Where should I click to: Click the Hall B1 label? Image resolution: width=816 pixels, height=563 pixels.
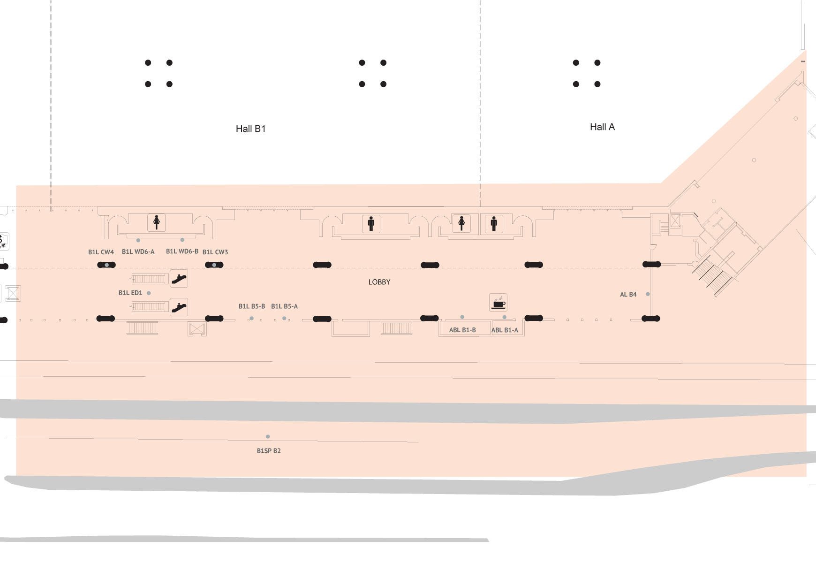tap(250, 129)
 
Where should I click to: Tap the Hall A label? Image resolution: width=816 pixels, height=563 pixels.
tap(602, 127)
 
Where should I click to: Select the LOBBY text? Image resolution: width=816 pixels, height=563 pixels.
tap(379, 282)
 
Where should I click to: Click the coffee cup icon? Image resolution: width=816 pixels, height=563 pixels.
tap(498, 302)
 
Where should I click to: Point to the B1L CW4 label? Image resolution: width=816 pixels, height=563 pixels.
tap(101, 252)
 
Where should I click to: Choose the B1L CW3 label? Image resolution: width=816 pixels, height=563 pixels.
tap(215, 252)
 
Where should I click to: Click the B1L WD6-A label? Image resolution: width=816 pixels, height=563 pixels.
tap(138, 251)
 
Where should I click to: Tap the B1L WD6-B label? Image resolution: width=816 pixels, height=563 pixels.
tap(182, 251)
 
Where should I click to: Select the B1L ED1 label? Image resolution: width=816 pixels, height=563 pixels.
tap(130, 293)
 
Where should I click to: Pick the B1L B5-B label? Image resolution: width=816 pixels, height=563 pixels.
tap(252, 306)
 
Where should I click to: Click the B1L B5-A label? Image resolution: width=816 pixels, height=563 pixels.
tap(284, 306)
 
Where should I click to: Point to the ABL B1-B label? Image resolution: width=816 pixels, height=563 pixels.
tap(462, 330)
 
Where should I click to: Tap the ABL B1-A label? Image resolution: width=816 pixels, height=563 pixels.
tap(505, 330)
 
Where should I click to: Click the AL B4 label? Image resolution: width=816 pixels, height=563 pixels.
tap(628, 295)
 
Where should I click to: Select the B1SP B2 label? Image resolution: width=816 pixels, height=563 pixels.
tap(269, 451)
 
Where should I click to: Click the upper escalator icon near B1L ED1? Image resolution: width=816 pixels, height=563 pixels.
tap(179, 279)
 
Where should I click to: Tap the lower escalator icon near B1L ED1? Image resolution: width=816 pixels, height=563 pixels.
tap(179, 307)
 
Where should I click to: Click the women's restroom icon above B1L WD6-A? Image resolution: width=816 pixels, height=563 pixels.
tap(157, 222)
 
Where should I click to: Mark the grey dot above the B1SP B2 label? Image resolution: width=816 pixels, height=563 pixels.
tap(268, 437)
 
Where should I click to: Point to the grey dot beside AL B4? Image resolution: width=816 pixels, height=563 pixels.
tap(648, 294)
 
